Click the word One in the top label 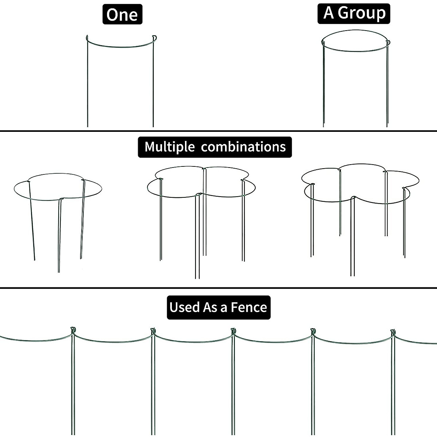tap(122, 15)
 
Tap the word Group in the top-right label tap(361, 13)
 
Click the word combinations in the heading tap(243, 147)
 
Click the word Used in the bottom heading tap(185, 307)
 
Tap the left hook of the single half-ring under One tap(87, 38)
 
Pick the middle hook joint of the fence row tap(233, 331)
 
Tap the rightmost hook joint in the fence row tap(393, 332)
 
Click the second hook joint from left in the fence tap(153, 331)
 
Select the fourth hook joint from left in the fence tap(312, 332)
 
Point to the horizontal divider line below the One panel tap(219, 130)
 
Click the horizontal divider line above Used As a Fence tap(219, 288)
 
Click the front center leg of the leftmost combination tap(59, 237)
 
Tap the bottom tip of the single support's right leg tap(153, 126)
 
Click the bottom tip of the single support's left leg tap(87, 126)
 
